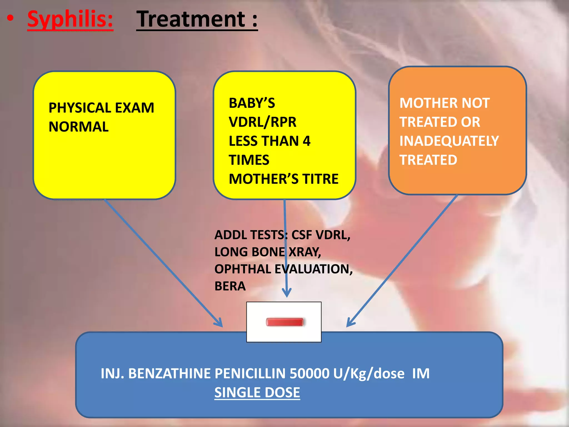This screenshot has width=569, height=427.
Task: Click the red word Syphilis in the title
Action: [70, 19]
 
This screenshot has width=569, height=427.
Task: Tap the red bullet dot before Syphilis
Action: [10, 18]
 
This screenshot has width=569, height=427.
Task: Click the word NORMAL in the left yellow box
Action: [79, 127]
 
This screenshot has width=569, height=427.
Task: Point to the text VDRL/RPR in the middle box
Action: [263, 122]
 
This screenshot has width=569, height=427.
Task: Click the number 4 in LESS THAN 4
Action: [306, 141]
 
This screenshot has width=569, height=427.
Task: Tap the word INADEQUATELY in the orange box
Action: [449, 141]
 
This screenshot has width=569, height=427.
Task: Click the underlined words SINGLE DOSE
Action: [257, 393]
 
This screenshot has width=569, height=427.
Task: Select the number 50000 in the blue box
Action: [310, 373]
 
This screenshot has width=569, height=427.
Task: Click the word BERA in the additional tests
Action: [230, 286]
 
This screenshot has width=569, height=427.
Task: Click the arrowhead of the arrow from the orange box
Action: [349, 324]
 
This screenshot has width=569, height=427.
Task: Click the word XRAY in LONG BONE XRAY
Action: [305, 252]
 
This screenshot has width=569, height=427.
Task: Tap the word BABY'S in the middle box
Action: [252, 103]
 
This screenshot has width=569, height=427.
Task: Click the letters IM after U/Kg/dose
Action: [421, 373]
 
